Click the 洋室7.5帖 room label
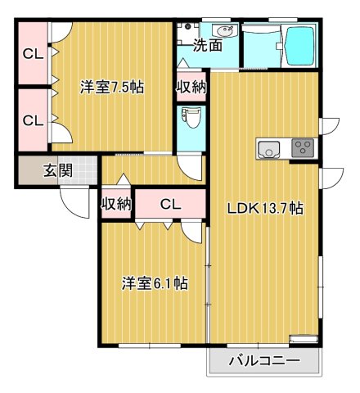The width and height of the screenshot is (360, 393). click(111, 87)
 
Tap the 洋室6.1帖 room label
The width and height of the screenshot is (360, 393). click(155, 284)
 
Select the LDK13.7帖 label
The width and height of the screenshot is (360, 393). click(264, 208)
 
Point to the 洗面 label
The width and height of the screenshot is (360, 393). click(207, 46)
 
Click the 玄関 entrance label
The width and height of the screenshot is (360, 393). click(58, 172)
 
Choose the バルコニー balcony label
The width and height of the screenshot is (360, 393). click(263, 360)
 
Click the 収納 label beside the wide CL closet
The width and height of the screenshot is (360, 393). click(116, 204)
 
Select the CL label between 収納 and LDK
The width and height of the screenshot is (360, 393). click(170, 204)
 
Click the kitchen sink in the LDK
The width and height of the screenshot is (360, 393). click(269, 149)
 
